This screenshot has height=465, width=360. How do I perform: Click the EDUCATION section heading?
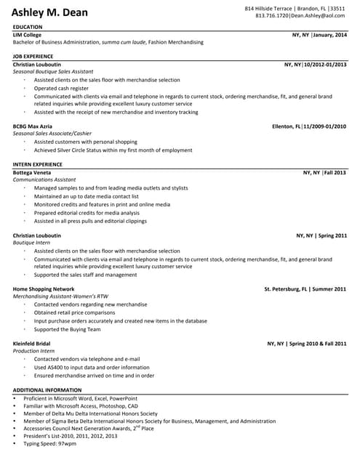coord(28,27)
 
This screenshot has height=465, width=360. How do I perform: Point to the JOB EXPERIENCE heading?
coord(33,56)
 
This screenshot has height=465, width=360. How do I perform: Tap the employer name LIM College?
coord(28,35)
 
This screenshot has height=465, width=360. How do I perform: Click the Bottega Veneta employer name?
coord(33,173)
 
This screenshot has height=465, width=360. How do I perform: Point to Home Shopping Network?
coord(44,289)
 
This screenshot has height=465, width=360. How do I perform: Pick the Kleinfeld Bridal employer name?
coord(32,343)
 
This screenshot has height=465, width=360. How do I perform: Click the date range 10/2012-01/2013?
coord(326,65)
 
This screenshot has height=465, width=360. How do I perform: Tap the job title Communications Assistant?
coord(44,179)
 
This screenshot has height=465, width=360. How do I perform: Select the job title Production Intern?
coord(34,350)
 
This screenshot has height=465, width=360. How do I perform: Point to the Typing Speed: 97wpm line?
coord(50,442)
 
